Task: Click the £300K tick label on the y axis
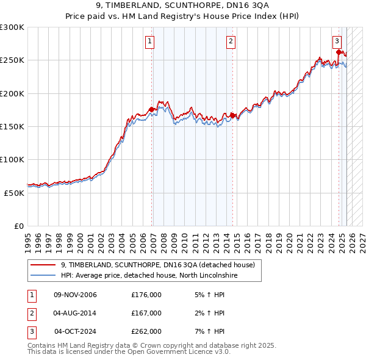(x=12, y=27)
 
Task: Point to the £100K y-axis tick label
(x=12, y=159)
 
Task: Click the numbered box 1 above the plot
(x=149, y=41)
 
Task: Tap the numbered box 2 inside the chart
(x=231, y=41)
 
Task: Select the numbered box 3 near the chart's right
(x=337, y=41)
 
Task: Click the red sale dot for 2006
(x=152, y=110)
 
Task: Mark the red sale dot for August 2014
(x=233, y=115)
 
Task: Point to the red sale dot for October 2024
(x=339, y=52)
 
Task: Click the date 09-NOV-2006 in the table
(x=76, y=295)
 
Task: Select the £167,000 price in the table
(x=146, y=313)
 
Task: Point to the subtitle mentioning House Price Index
(x=182, y=17)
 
